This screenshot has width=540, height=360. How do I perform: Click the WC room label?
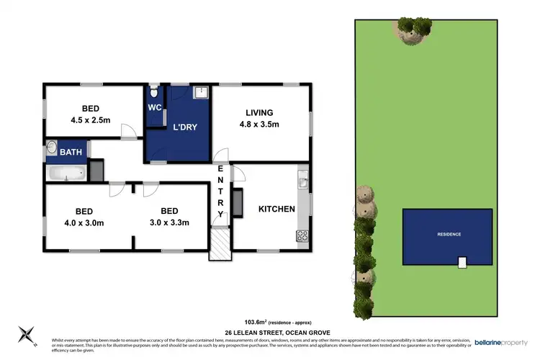pos(154,108)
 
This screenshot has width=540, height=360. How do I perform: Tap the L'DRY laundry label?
pos(185,127)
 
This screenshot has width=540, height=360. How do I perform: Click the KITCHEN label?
pos(277,210)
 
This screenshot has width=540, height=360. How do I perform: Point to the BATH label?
pos(71,152)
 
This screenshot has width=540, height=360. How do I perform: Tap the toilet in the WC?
pos(153,93)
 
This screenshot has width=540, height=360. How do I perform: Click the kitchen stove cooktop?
pos(302,235)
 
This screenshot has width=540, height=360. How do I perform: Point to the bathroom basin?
pos(51,150)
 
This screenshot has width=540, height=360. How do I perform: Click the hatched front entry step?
pos(217,244)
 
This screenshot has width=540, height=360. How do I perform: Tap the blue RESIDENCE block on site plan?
pos(446,235)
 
